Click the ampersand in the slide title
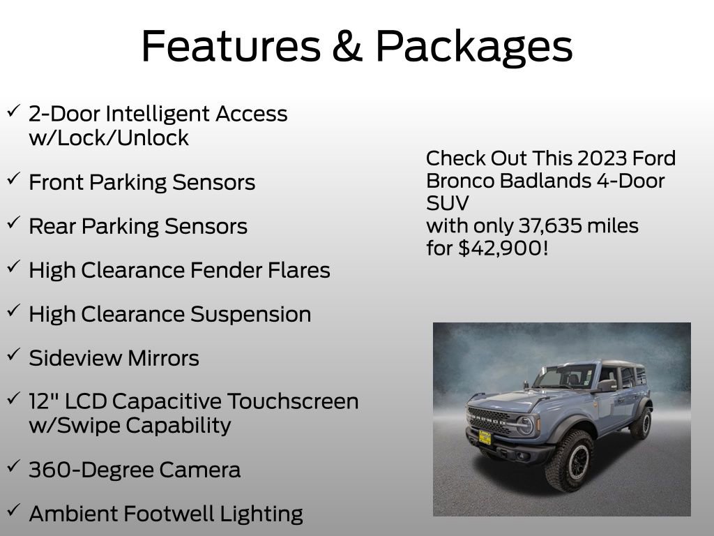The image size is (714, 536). pos(343,46)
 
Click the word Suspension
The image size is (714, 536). pos(251,314)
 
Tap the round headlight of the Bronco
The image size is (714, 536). pos(524,425)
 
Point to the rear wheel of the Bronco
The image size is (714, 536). pos(641,423)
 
